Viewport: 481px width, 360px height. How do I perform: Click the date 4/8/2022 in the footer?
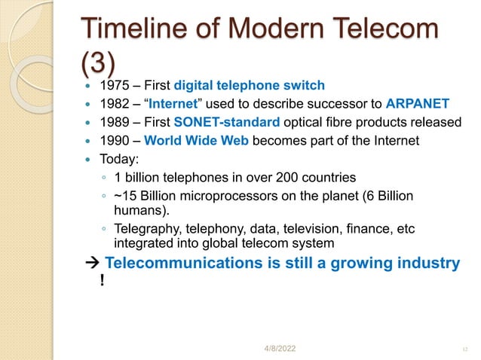tap(277, 349)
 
